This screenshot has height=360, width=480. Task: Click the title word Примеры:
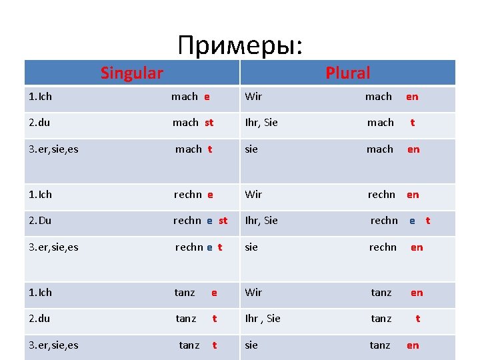point(240,45)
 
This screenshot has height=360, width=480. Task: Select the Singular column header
point(132,73)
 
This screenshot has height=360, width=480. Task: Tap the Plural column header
point(347,73)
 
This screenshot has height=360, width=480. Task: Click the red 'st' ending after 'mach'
point(209,123)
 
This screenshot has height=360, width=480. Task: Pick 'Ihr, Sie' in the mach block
point(261,123)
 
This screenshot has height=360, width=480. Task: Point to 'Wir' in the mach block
point(253,97)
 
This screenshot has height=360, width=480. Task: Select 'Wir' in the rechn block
point(253,195)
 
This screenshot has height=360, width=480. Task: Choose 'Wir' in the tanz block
point(253,293)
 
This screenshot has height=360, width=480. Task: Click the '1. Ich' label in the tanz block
point(40,293)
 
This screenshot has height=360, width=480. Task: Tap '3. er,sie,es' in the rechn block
point(53,247)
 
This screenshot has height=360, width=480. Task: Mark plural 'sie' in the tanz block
point(251,345)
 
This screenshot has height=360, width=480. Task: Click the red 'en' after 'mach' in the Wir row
point(412,97)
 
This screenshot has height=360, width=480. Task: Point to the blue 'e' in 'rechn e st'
point(209,221)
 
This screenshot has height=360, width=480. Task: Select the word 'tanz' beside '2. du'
point(186,319)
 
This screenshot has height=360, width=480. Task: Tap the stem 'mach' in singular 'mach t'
point(188,149)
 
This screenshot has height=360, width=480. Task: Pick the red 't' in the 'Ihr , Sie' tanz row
point(417,319)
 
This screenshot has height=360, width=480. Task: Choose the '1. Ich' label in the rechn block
point(40,195)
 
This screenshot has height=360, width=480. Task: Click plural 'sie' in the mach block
point(251,149)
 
